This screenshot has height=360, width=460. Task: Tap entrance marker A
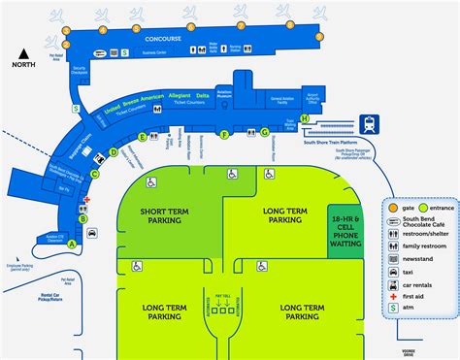pyautogui.click(x=71, y=244)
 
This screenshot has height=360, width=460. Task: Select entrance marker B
pyautogui.click(x=83, y=219)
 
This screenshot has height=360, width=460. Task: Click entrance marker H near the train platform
pyautogui.click(x=305, y=118)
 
